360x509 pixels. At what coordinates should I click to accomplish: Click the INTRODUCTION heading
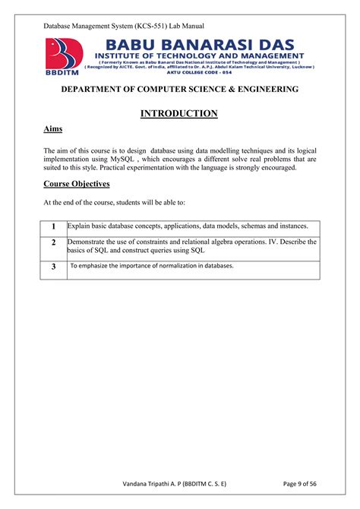point(179,114)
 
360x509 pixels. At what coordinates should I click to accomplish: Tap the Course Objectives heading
point(77,184)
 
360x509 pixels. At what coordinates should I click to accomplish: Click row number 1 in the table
point(54,227)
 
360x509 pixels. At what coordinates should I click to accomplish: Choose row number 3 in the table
point(54,267)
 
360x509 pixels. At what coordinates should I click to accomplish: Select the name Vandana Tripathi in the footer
point(151,485)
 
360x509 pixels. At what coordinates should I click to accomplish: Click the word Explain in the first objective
point(80,226)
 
